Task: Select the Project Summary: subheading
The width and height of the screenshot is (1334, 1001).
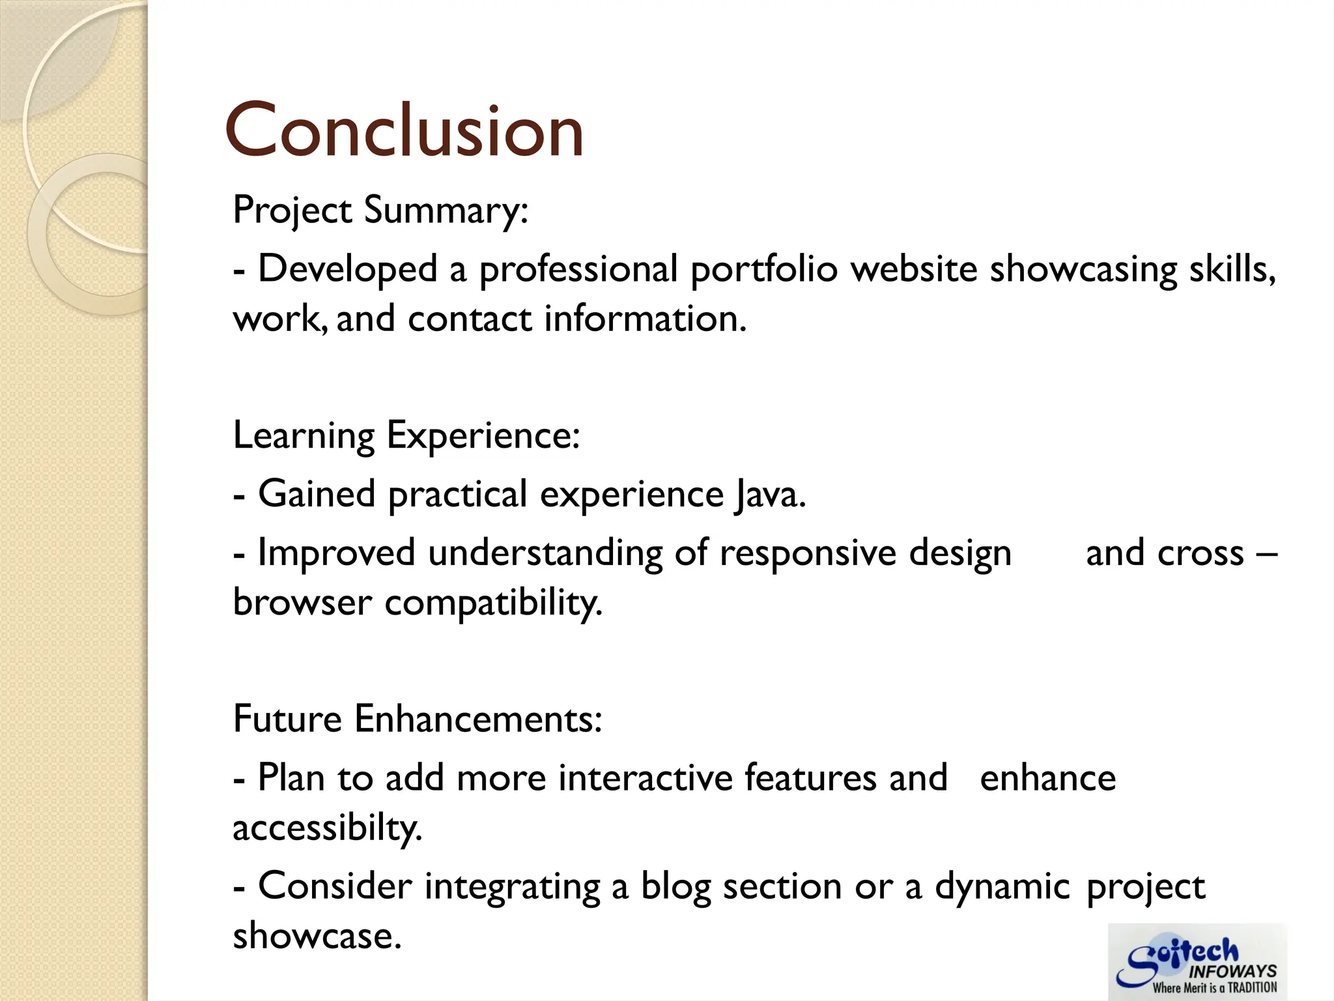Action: tap(380, 210)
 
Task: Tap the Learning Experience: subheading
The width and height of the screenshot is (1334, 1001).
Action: tap(406, 435)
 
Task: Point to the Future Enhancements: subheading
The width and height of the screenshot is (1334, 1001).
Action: tap(418, 719)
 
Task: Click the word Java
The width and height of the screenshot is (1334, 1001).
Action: tap(771, 494)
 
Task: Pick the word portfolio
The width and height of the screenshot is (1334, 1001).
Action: tap(764, 269)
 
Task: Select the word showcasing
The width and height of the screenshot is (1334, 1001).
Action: tap(1083, 269)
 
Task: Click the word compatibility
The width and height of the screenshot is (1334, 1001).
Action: tap(493, 603)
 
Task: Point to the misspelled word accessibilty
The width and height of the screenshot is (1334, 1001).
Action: tap(328, 828)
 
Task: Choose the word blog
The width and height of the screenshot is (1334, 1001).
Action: tap(675, 886)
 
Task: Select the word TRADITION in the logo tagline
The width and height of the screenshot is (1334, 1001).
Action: tap(1252, 988)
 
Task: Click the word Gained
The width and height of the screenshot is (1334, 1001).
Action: tap(317, 494)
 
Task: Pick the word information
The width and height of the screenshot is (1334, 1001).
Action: tap(645, 319)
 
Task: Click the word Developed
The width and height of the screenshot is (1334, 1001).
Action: tap(348, 269)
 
